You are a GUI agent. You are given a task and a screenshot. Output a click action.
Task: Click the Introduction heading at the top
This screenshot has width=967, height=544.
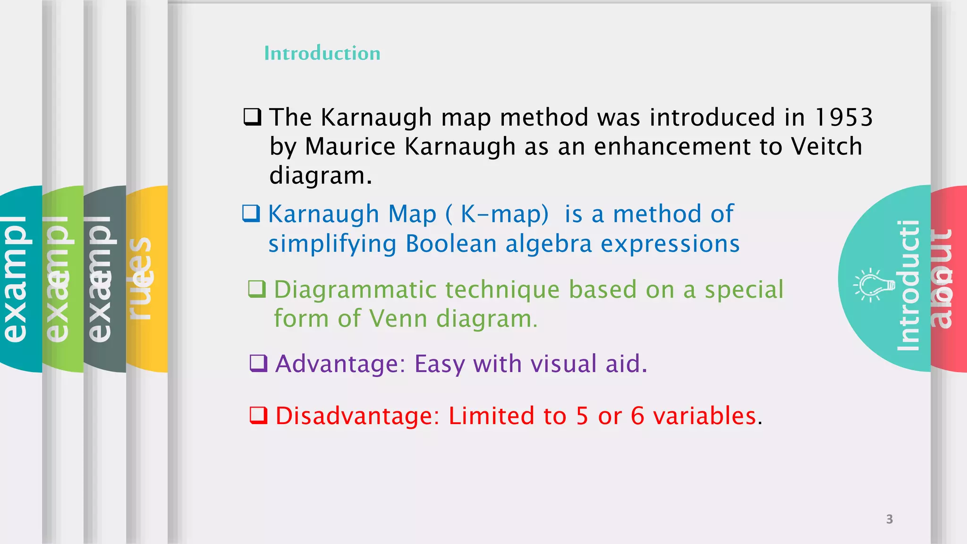(x=322, y=53)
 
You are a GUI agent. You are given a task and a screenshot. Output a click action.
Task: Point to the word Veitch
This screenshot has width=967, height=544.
(x=827, y=146)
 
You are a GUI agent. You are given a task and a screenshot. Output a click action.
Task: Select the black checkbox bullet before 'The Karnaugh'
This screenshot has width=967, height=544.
(x=252, y=117)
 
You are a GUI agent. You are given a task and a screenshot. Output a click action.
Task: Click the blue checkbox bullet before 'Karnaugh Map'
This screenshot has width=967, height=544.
(x=251, y=213)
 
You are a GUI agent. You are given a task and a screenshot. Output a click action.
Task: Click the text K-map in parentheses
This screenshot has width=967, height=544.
(x=504, y=214)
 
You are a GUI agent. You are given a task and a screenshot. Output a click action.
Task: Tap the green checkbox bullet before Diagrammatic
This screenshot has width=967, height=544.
(x=257, y=289)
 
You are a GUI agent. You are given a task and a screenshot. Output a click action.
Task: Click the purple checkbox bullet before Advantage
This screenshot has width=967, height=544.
(x=258, y=363)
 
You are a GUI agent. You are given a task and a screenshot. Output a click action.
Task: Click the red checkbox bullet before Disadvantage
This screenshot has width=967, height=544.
(x=258, y=416)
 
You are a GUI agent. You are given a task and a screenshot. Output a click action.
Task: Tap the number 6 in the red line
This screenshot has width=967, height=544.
(x=637, y=416)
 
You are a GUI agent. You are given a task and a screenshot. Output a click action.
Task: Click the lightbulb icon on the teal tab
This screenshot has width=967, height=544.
(x=873, y=285)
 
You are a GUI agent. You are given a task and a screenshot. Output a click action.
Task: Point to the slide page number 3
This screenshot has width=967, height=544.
(x=890, y=519)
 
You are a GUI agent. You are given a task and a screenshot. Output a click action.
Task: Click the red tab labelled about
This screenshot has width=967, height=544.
(x=948, y=279)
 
